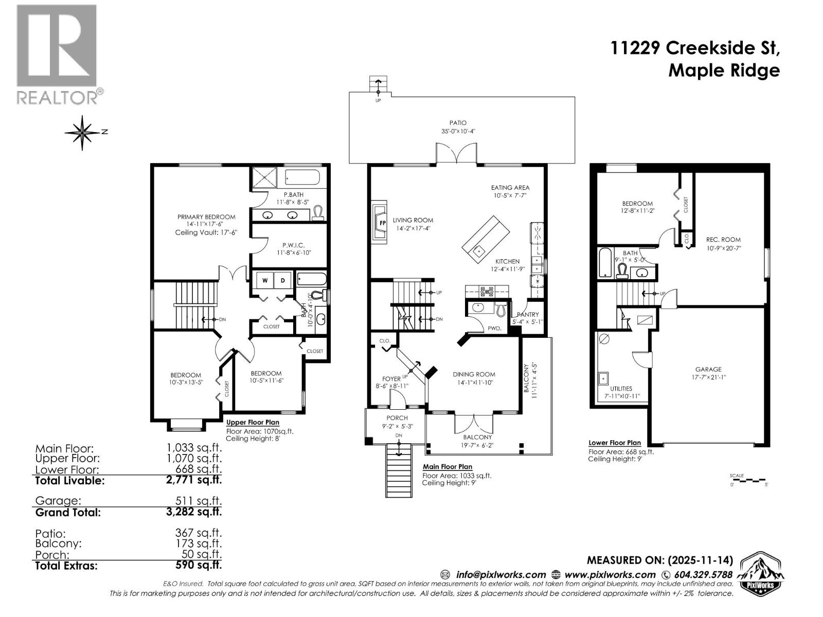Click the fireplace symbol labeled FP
pyautogui.click(x=382, y=223)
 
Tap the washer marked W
pyautogui.click(x=265, y=280)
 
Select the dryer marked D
pyautogui.click(x=283, y=280)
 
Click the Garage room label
pyautogui.click(x=708, y=369)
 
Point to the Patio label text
pyautogui.click(x=457, y=123)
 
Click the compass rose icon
pyautogui.click(x=83, y=133)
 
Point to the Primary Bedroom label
pyautogui.click(x=206, y=217)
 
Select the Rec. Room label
pyautogui.click(x=723, y=240)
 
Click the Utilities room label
pyautogui.click(x=621, y=389)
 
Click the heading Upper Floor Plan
pyautogui.click(x=253, y=422)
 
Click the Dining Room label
pyautogui.click(x=474, y=374)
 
